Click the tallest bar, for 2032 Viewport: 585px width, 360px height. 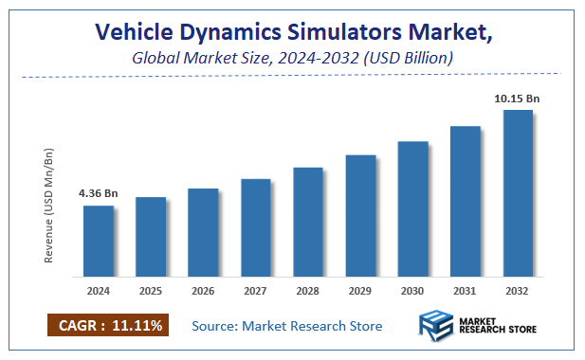click(x=518, y=193)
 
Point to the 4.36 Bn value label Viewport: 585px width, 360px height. click(x=98, y=193)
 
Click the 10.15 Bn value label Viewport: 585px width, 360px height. click(x=517, y=98)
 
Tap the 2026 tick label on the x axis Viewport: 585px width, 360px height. click(x=203, y=290)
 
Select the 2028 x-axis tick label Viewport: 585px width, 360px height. click(x=308, y=290)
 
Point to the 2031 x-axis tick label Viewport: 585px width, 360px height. click(x=465, y=290)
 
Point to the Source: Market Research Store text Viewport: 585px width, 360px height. click(x=286, y=326)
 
